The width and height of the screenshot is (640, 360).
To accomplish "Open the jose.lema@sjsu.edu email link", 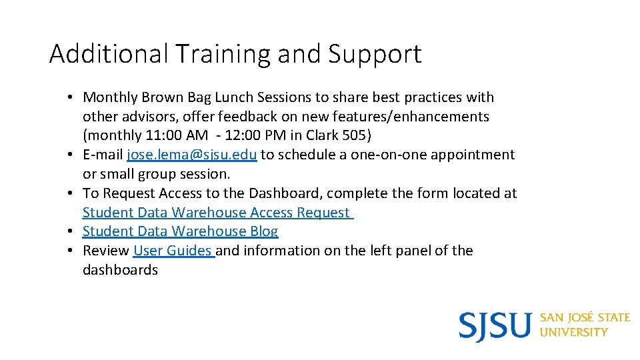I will (x=192, y=155).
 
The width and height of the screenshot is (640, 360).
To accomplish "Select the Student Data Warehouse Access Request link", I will (x=217, y=213).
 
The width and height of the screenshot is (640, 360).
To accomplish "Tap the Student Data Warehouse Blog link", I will (x=180, y=232).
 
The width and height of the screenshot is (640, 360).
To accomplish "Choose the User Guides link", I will (x=173, y=251).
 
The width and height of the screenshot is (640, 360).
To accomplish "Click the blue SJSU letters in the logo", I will (x=495, y=326).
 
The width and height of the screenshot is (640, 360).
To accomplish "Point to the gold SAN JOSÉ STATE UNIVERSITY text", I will (x=584, y=325).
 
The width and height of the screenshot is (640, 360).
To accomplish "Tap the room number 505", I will (x=355, y=136).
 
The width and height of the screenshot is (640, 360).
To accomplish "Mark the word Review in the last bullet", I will (x=105, y=251).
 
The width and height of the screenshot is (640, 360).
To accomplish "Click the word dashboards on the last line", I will (x=120, y=270).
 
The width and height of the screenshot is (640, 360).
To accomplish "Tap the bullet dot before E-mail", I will (x=70, y=155).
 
